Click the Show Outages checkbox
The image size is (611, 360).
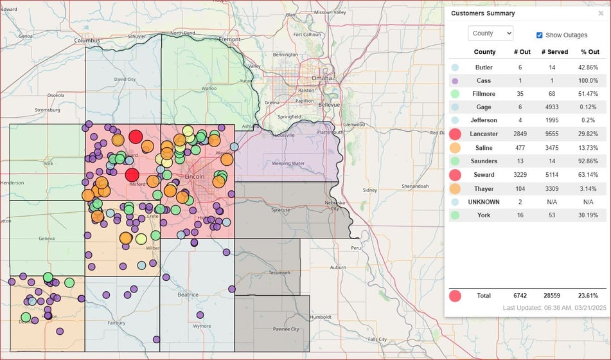540,35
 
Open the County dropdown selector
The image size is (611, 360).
490,33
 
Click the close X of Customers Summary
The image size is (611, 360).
601,14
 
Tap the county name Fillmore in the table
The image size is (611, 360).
484,94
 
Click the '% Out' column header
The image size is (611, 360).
589,52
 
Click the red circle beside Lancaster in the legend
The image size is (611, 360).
456,134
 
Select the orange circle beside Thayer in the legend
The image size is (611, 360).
456,188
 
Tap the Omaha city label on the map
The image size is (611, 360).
322,78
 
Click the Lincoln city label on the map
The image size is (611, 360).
195,175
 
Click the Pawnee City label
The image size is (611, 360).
287,329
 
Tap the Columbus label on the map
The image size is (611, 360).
87,40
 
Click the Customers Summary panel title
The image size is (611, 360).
483,14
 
